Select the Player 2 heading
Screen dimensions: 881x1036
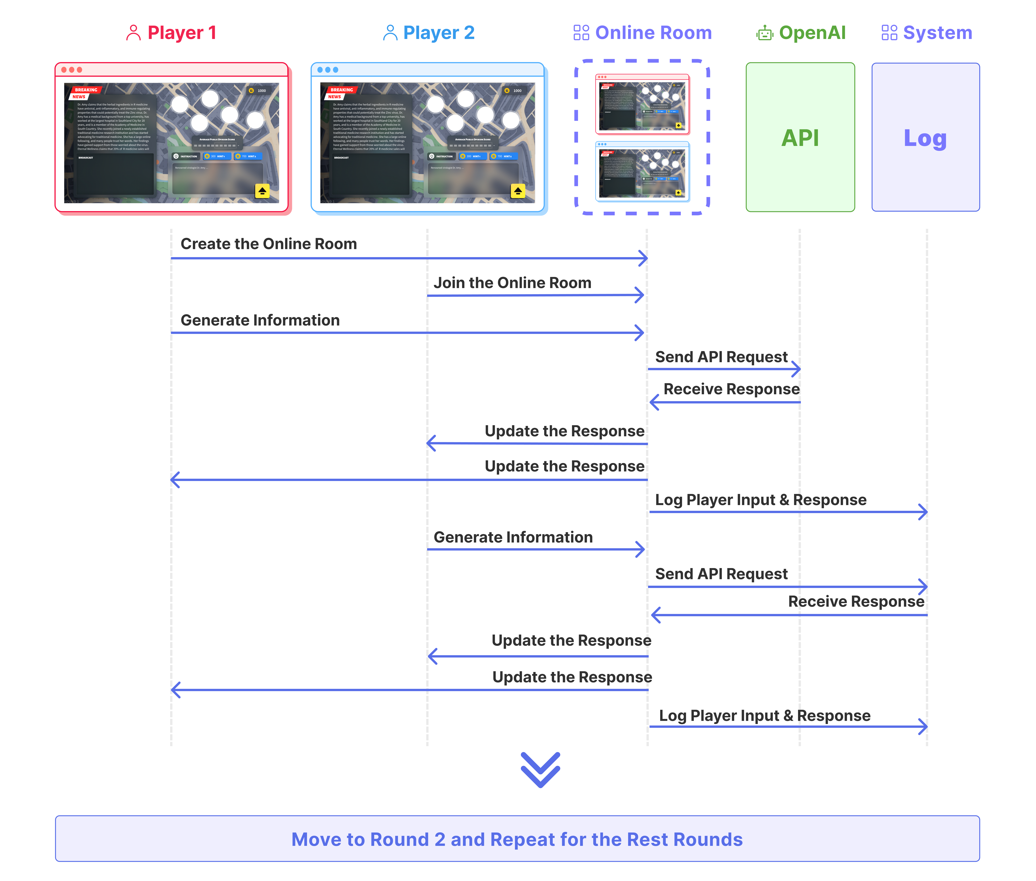point(438,33)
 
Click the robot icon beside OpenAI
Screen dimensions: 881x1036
point(764,33)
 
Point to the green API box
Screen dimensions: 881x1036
point(800,137)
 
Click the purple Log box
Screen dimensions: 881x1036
point(925,137)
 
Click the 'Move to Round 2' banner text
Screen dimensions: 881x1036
point(517,840)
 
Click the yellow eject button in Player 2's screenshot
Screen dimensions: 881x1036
point(518,191)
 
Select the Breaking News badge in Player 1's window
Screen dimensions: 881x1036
point(85,93)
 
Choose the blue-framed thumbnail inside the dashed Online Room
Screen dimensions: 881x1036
point(642,171)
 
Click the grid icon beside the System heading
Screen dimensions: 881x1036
point(889,33)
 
